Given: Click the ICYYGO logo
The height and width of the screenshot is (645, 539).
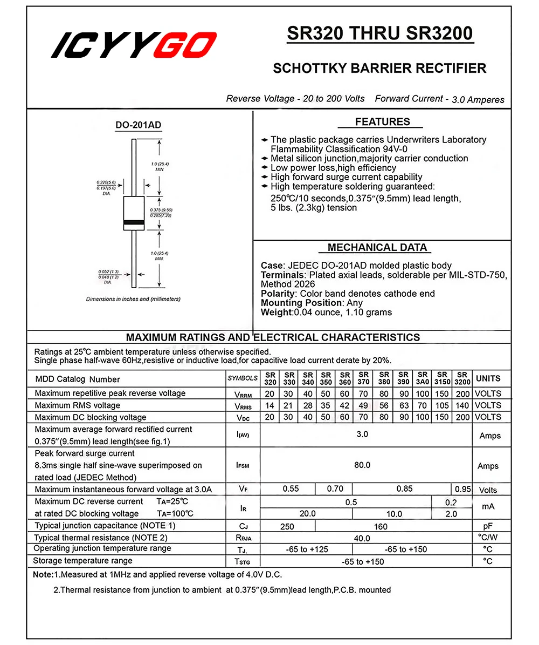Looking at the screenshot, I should tap(134, 45).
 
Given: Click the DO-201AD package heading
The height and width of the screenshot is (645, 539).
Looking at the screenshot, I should tap(138, 125).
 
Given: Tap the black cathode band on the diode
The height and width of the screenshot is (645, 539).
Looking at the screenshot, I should tap(134, 222).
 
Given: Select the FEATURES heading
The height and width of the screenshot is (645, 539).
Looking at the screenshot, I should tap(382, 122).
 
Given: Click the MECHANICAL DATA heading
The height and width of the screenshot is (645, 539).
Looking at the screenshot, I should tap(377, 248).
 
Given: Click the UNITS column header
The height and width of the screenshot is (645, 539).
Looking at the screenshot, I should tap(488, 379).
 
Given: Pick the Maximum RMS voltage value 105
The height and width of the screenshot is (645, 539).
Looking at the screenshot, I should tap(442, 405).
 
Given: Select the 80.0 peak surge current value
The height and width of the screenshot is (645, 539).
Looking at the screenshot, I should tap(362, 465).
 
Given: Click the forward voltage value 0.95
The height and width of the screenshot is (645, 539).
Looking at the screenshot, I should tap(462, 489).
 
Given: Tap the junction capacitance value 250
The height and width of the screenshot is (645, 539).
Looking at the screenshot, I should tap(287, 526).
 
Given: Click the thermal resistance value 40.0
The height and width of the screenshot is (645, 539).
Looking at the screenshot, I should tap(362, 538).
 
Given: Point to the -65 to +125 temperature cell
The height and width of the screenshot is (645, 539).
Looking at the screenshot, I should tap(306, 549).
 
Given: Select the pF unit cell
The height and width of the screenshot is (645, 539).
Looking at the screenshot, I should tap(488, 526).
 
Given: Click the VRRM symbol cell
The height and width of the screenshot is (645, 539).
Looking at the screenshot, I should tap(243, 394).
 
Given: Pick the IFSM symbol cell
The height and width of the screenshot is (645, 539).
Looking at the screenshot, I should tap(243, 465).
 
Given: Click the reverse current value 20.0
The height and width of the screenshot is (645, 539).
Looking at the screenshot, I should tap(307, 514).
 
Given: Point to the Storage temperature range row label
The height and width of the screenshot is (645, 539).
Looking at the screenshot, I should tap(83, 561).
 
